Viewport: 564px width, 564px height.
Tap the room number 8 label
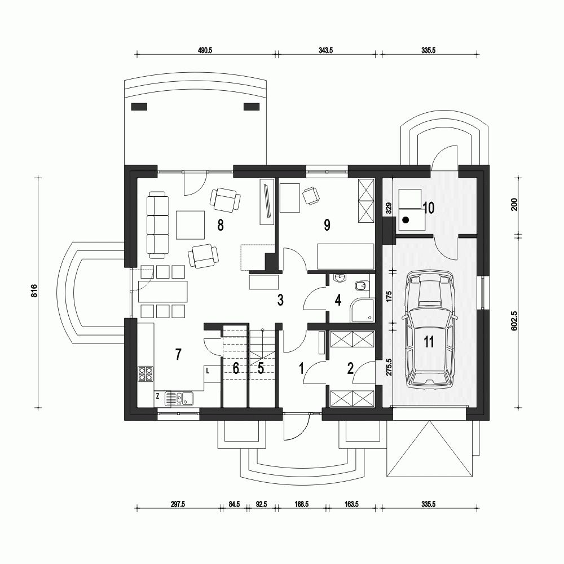[x=221, y=226]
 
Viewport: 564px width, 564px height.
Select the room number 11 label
[x=429, y=342]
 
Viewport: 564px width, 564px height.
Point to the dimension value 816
[x=34, y=291]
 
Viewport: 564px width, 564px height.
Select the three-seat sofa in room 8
[x=157, y=224]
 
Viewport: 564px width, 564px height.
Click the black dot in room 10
[x=406, y=221]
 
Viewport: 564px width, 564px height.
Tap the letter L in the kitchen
[x=208, y=371]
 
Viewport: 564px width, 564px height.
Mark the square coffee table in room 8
[x=190, y=224]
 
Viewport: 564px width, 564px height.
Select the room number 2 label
[x=350, y=369]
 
